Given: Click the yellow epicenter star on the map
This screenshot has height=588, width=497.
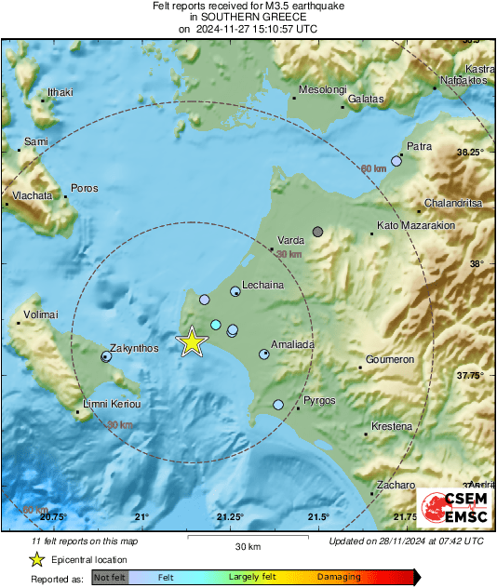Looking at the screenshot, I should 192,341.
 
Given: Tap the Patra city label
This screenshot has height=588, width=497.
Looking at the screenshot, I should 419,146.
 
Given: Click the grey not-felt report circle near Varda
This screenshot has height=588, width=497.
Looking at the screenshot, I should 318,231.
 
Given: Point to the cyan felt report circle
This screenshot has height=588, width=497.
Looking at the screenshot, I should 216,325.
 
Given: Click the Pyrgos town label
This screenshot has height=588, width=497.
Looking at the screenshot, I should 319,400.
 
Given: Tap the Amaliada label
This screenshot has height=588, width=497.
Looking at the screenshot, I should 292,344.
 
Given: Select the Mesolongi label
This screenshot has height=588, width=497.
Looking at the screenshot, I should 322,90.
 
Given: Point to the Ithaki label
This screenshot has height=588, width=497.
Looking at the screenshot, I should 60,92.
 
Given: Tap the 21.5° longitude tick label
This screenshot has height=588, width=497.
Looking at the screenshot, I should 318,516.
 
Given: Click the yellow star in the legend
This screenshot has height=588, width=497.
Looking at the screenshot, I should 36,559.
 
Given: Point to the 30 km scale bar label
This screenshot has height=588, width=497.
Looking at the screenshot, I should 247,545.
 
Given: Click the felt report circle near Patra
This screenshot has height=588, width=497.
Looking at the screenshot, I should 396,161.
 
